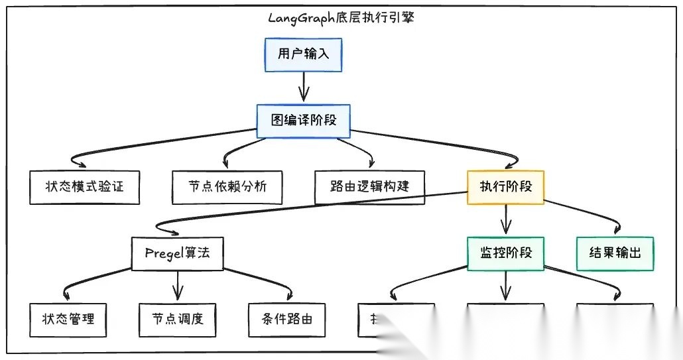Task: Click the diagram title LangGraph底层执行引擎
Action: tap(341, 18)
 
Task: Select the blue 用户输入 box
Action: tap(303, 54)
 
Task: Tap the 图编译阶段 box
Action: tap(303, 121)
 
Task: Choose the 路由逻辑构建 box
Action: tap(369, 186)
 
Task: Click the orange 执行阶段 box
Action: tap(506, 186)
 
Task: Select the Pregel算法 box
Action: tap(177, 253)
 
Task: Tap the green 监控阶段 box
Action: tap(506, 253)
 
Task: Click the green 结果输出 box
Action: tap(615, 253)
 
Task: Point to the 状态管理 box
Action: tap(68, 320)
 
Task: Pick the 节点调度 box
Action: tap(177, 320)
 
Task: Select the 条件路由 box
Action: tap(286, 320)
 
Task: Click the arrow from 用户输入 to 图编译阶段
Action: tap(303, 86)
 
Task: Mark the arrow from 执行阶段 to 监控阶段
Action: tap(507, 219)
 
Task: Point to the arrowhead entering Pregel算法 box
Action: tap(174, 232)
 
